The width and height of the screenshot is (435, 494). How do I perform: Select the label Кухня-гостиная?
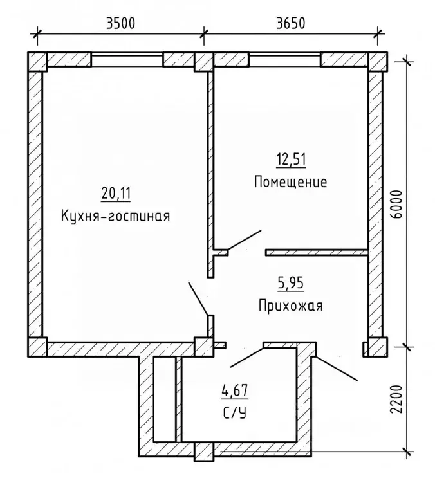pos(116,215)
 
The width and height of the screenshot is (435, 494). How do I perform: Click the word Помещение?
pos(290,181)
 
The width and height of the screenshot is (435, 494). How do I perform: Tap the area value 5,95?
pos(290,281)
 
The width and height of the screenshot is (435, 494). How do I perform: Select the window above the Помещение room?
pos(284,60)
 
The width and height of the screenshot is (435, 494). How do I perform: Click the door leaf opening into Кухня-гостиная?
pos(198,298)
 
